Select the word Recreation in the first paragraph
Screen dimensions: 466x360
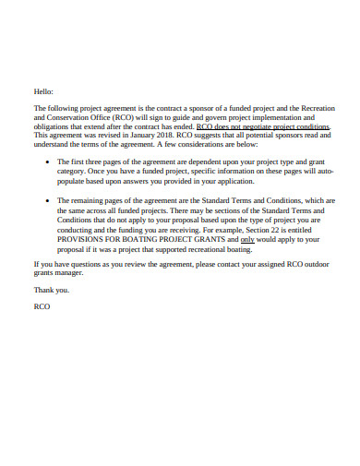point(309,109)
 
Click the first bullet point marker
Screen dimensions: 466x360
point(48,161)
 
